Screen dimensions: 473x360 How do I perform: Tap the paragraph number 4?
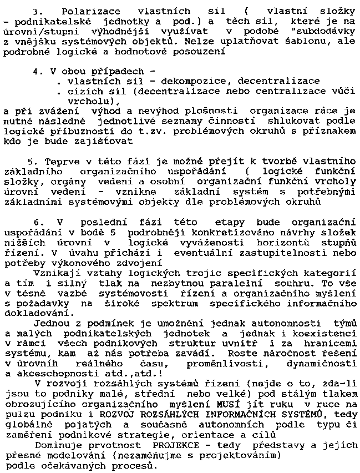(37, 72)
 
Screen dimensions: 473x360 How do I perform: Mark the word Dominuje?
(58, 446)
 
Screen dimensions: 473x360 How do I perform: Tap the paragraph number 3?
(37, 11)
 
